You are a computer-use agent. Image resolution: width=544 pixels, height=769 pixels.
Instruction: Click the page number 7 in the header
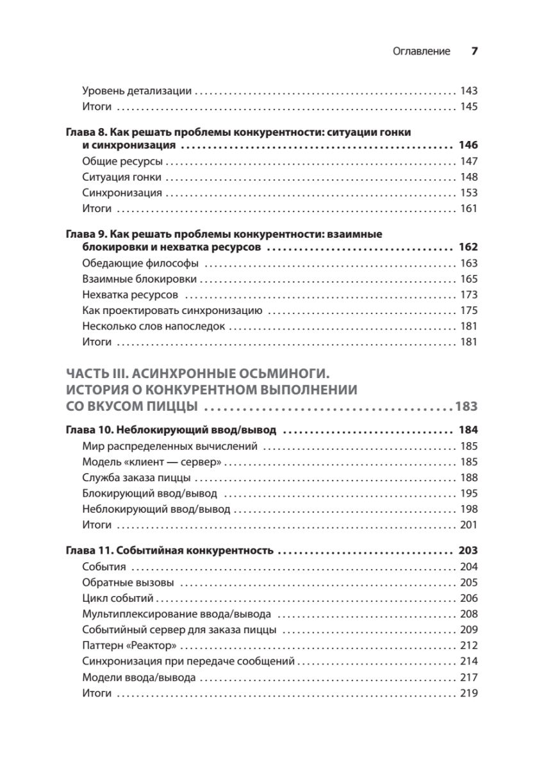(475, 51)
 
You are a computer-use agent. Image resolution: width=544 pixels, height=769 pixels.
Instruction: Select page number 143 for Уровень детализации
(469, 91)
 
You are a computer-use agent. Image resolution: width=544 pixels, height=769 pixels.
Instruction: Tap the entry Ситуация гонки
(122, 177)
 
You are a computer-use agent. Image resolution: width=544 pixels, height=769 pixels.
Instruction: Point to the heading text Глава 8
(86, 132)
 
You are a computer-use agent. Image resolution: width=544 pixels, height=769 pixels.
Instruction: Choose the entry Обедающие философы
(141, 263)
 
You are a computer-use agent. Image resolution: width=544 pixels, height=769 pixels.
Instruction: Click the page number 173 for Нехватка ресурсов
(469, 295)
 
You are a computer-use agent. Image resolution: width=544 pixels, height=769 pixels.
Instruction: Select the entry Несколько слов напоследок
(154, 326)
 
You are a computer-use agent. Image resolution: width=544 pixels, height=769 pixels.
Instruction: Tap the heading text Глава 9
(86, 234)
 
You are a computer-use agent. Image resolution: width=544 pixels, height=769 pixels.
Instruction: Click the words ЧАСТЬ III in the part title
(100, 374)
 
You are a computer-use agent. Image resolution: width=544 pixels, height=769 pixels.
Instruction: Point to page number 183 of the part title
(466, 406)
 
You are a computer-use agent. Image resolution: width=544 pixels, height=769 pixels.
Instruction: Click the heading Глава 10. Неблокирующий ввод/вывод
(172, 430)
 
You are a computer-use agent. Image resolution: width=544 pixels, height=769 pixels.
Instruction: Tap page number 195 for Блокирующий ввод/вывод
(469, 493)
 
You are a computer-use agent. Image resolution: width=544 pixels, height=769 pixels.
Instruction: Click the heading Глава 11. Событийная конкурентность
(170, 550)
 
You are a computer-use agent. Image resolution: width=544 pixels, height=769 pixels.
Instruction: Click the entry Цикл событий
(118, 598)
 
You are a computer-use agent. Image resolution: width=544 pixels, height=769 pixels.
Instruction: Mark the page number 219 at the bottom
(469, 693)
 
